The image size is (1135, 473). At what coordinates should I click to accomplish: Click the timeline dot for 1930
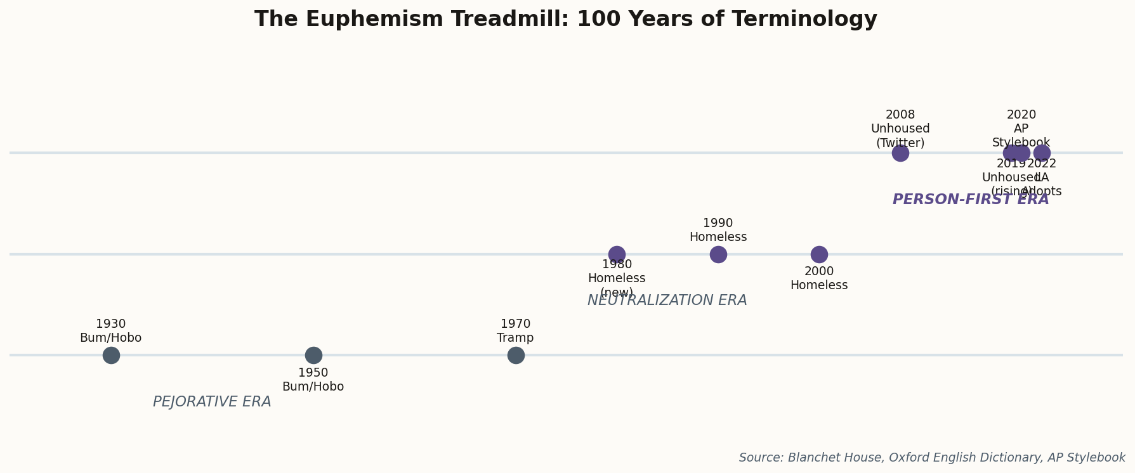point(111,355)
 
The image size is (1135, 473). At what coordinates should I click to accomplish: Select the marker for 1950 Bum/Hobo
point(313,355)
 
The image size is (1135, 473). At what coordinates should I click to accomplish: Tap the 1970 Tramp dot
point(516,355)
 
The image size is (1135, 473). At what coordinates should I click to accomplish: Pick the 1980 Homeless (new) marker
point(617,254)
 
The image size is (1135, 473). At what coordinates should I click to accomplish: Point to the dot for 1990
point(718,254)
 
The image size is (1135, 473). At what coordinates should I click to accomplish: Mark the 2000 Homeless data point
point(819,254)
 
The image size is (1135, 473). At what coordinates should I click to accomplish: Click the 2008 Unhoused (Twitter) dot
point(900,153)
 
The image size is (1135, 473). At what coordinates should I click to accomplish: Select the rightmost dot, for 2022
point(1042,153)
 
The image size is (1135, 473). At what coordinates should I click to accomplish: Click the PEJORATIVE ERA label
point(212,402)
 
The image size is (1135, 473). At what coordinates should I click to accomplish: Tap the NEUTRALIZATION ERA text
point(667,301)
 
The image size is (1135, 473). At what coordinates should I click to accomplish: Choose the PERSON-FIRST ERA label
point(971,200)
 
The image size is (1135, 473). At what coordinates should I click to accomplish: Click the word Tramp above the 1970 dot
point(515,338)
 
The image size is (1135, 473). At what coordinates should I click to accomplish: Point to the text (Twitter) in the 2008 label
point(900,143)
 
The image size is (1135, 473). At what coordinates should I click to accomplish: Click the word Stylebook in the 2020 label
point(1021,143)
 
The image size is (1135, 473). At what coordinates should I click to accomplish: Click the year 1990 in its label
point(718,223)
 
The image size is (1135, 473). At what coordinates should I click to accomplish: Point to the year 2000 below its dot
point(819,271)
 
